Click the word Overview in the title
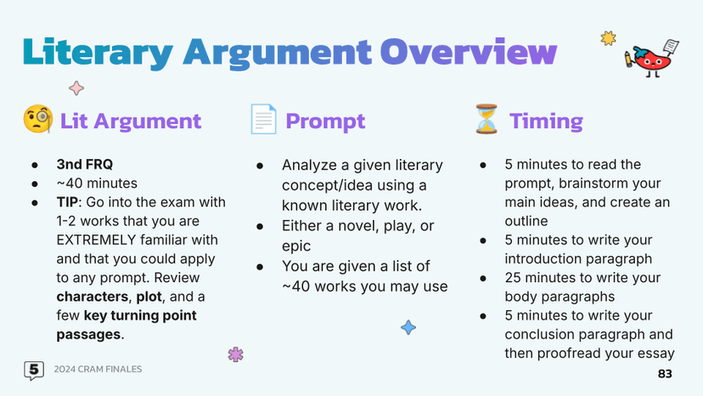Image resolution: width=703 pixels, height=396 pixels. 469,52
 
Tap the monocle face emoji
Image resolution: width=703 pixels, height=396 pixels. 38,119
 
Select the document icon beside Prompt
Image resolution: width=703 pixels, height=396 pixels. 263,119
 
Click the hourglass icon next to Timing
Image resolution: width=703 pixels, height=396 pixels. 486,119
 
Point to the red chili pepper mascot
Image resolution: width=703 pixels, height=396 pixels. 652,59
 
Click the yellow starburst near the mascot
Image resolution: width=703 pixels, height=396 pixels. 609,38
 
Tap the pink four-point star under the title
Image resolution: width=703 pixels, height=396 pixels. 76,88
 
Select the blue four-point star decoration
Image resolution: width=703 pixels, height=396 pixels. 408,327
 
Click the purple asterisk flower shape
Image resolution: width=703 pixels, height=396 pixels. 235,354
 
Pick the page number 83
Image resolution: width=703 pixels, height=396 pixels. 665,374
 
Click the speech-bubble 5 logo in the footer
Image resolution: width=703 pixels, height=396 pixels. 34,371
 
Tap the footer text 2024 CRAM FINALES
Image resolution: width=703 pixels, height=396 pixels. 98,369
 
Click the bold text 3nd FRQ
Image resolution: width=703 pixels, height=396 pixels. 85,164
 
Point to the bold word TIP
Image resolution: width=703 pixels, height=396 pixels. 67,202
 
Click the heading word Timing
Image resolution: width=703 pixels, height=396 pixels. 546,121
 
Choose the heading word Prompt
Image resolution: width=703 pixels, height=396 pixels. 325,121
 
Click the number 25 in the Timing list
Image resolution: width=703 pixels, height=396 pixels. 513,278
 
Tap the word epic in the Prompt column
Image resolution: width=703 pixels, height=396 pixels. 296,246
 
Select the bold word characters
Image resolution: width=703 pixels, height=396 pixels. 93,297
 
